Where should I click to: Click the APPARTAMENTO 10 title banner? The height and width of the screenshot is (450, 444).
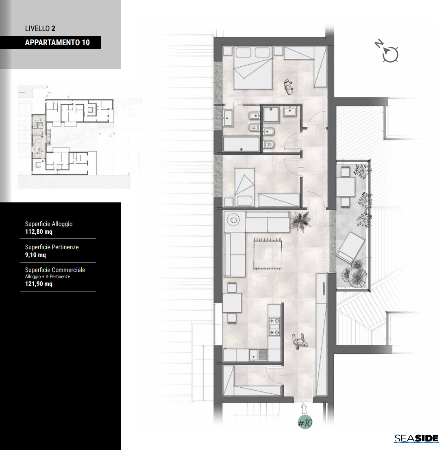(50, 42)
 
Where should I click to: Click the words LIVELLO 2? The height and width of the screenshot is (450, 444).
(40, 29)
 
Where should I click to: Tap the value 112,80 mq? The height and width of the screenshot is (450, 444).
(39, 232)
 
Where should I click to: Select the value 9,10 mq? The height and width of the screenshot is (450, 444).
(35, 255)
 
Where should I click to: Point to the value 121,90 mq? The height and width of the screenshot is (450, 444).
(39, 284)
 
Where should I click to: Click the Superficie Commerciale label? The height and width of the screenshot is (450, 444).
(55, 270)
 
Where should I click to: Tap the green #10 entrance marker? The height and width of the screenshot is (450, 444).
(305, 422)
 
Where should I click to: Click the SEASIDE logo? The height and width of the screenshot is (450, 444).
(416, 439)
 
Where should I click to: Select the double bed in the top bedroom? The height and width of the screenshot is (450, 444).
(253, 68)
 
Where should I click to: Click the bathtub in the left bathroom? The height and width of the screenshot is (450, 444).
(241, 144)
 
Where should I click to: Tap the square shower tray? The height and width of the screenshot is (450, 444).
(271, 114)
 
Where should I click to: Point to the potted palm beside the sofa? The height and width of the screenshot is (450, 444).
(300, 222)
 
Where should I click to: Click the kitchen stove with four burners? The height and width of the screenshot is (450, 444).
(274, 327)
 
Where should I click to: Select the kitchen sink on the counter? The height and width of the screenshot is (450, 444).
(258, 355)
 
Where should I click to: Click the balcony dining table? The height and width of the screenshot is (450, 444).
(345, 187)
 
